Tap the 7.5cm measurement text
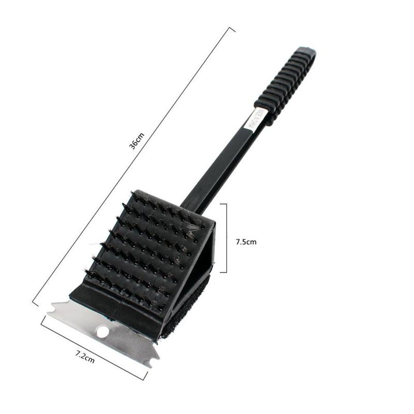246,241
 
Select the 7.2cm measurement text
85,357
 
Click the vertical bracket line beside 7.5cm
226,238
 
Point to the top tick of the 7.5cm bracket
223,204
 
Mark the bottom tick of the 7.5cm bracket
223,272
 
